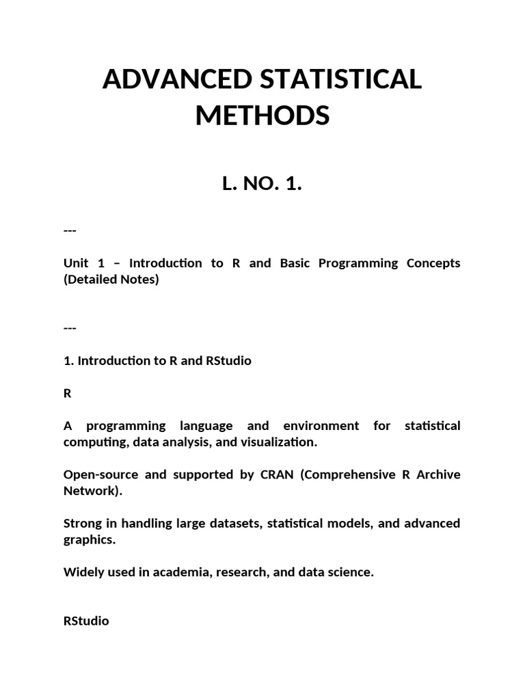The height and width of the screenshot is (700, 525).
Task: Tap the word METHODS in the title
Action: pos(262,116)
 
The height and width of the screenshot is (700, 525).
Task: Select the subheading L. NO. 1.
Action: pos(262,184)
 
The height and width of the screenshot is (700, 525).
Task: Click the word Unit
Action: pos(76,263)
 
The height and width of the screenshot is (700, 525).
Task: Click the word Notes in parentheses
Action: pos(139,280)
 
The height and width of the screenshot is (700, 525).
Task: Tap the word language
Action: pos(205,426)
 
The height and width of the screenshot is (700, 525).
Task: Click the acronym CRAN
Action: pos(276,474)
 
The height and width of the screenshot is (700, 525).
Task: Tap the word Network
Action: pos(90,491)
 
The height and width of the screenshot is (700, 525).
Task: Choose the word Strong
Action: pos(81,524)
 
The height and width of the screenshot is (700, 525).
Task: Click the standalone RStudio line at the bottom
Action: pos(86,621)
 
